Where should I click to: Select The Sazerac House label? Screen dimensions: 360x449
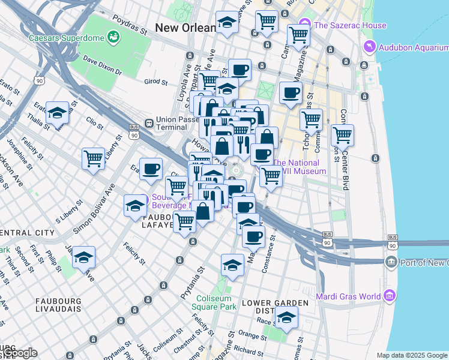pyautogui.click(x=350, y=25)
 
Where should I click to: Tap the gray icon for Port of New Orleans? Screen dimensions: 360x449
pyautogui.click(x=391, y=262)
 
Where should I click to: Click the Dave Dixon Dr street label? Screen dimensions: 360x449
pyautogui.click(x=102, y=66)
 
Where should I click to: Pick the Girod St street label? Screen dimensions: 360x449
pyautogui.click(x=154, y=81)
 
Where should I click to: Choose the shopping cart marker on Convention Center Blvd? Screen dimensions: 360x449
pyautogui.click(x=342, y=136)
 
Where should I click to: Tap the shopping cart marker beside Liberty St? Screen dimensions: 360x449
pyautogui.click(x=94, y=159)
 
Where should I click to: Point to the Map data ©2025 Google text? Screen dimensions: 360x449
pyautogui.click(x=412, y=355)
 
